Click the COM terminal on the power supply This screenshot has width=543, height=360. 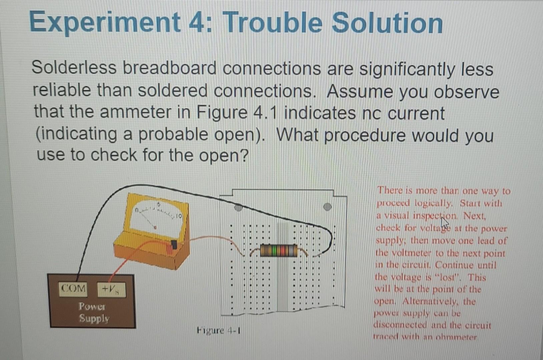[x=73, y=288]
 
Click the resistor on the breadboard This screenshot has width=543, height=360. [x=279, y=250]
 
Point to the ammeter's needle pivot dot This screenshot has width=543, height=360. [x=155, y=227]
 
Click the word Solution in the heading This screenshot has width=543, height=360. [x=387, y=23]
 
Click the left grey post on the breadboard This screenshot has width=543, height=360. [x=238, y=208]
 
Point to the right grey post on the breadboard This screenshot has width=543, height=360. [x=328, y=207]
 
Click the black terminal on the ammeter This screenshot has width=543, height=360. [x=174, y=244]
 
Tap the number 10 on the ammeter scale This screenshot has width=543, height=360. [x=179, y=216]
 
